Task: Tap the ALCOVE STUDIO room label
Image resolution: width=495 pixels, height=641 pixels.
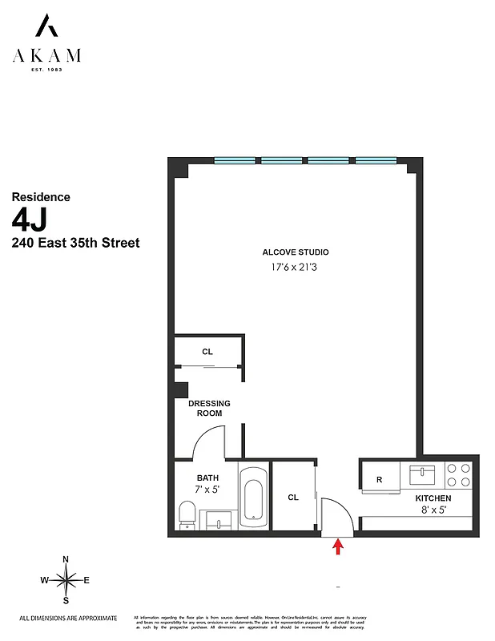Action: coord(296,252)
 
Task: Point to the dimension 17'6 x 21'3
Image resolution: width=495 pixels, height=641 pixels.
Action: coord(296,268)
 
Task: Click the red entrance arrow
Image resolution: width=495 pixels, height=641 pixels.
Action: coord(338,546)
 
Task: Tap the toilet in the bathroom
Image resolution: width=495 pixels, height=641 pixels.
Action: coord(187,514)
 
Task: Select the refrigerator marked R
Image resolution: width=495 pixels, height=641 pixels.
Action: coord(379,480)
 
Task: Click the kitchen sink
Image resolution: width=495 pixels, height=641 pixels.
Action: coord(421,476)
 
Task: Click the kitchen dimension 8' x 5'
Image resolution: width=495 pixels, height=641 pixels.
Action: coord(433,510)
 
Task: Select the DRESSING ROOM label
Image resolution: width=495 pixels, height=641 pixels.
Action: coord(209,408)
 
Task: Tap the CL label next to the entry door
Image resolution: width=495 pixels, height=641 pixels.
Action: coord(293,498)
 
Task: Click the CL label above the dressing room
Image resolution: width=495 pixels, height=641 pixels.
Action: coord(207,352)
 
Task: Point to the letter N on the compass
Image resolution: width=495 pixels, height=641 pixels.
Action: coord(66,560)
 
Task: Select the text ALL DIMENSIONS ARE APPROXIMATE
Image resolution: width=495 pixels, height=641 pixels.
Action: coord(68,618)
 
